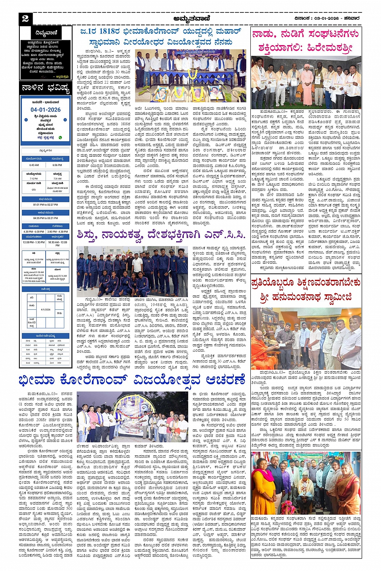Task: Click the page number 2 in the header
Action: coord(25,19)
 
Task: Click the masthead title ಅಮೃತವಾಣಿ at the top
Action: coord(190,18)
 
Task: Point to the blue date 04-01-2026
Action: coord(46,110)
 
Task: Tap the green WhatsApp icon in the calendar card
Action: coord(60,138)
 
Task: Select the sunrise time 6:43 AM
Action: coord(34,165)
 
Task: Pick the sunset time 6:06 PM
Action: coord(57,165)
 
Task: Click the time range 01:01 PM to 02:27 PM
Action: coord(45,205)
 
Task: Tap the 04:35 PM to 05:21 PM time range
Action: coord(45,218)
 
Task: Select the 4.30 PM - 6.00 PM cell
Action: coord(33,232)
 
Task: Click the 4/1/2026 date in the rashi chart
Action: coord(45,309)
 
